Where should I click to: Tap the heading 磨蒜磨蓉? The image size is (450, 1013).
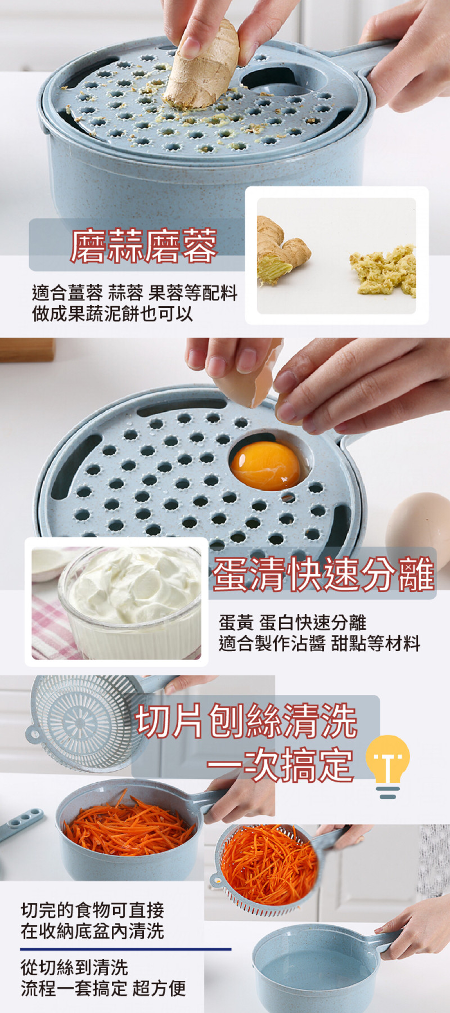[x=144, y=246]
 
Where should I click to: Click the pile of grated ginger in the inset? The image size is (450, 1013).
[x=383, y=269]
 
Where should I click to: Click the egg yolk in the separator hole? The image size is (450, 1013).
[x=265, y=465]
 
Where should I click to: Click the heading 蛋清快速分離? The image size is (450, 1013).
[x=323, y=574]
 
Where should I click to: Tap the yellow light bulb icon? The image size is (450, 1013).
[x=388, y=766]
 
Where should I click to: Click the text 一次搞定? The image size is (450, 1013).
[x=280, y=764]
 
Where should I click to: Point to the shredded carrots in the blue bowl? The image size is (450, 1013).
[x=129, y=825]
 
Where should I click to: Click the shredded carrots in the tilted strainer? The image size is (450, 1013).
[x=269, y=864]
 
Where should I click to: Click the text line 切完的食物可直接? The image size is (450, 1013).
[x=92, y=910]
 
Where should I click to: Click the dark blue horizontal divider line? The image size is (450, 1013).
[x=125, y=949]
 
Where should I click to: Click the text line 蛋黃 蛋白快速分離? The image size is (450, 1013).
[x=292, y=622]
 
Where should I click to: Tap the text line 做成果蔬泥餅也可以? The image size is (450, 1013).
[x=112, y=313]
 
